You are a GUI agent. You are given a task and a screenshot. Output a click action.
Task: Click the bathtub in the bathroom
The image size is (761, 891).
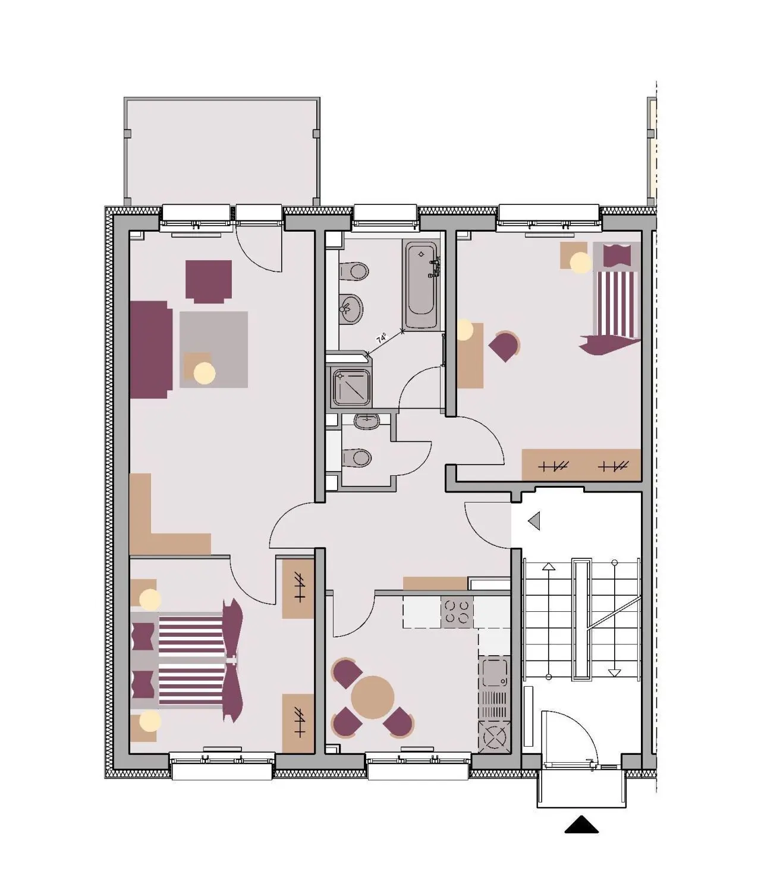tap(422, 285)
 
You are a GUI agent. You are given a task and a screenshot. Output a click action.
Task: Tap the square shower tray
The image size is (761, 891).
tap(350, 387)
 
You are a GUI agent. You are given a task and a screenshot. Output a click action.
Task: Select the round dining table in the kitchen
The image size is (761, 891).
tap(372, 697)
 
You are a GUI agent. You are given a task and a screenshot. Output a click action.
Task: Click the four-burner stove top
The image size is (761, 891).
tap(457, 612)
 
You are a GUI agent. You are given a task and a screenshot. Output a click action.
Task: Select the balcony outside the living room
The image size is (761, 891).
tap(222, 151)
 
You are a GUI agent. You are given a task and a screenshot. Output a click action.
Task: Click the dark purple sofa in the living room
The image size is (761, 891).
tap(150, 349)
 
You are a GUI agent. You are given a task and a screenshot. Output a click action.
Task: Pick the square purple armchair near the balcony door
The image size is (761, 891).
tap(208, 281)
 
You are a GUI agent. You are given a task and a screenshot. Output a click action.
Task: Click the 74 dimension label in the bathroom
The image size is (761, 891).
tap(381, 339)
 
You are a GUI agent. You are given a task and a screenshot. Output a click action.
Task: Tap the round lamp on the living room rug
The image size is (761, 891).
tap(205, 373)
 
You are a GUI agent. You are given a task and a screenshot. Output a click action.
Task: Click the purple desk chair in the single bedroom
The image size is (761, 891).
tap(505, 346)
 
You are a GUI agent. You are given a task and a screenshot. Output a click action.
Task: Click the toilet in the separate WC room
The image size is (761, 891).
tap(359, 458)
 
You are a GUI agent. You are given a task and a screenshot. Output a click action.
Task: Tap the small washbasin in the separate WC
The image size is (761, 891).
tap(366, 422)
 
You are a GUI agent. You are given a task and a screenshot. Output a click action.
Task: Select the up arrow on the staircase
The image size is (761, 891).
tap(548, 567)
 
